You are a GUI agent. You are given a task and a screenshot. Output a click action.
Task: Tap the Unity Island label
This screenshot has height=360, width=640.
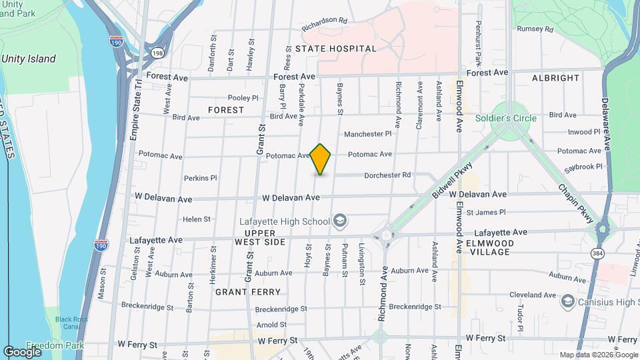click(x=29, y=59)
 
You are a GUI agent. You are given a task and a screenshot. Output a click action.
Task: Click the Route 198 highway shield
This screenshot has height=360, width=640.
click(x=157, y=53)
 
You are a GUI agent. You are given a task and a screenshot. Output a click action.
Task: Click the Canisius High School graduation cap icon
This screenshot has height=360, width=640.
click(x=568, y=301)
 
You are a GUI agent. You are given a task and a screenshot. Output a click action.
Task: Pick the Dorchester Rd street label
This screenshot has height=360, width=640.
click(x=387, y=175)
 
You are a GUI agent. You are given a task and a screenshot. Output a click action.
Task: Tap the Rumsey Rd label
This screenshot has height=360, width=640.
click(x=535, y=29)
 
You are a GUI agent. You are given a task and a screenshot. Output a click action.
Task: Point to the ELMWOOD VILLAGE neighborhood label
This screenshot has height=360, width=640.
click(x=490, y=247)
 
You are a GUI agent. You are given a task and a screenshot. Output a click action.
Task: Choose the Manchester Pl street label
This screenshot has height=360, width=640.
click(x=367, y=134)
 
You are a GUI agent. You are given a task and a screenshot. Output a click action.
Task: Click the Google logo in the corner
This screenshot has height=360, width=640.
click(x=22, y=351)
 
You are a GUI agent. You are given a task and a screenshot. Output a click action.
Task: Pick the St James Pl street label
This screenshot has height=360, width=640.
click(x=486, y=213)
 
